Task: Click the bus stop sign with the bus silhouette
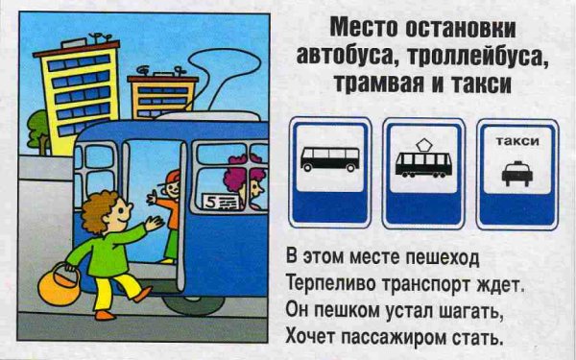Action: pos(329,169)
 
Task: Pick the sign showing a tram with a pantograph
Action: pos(423,171)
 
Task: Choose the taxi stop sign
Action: pos(517,171)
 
